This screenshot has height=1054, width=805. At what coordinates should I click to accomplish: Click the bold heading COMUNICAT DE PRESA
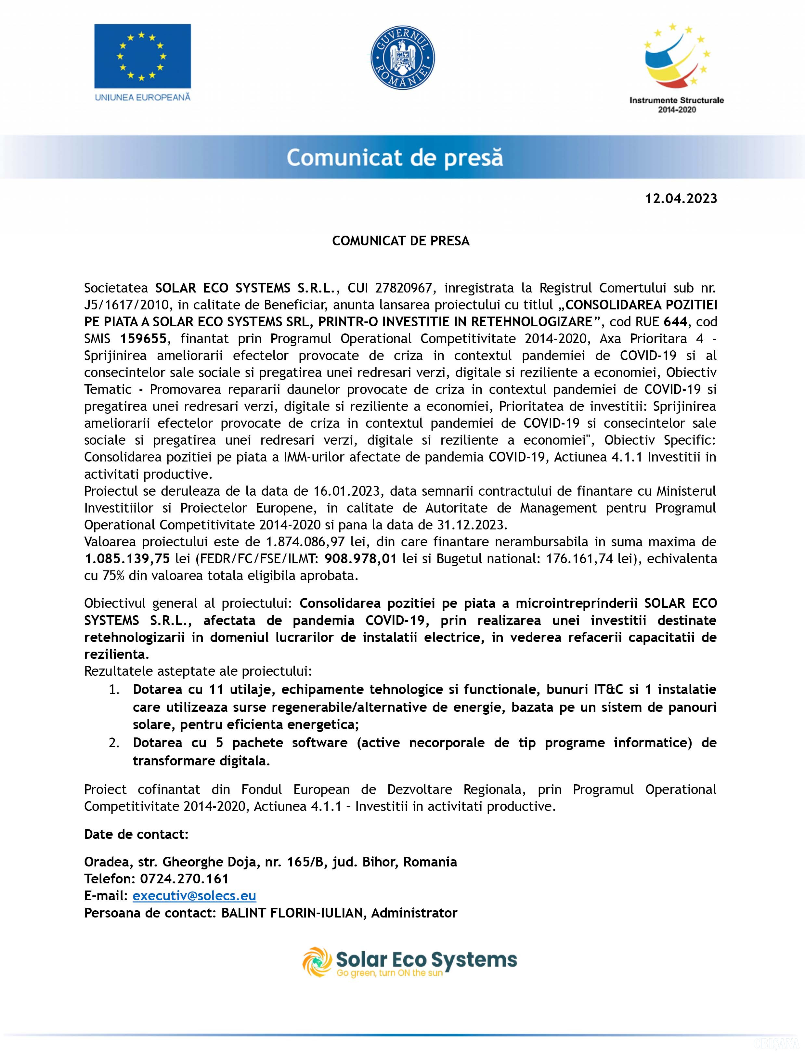(x=401, y=241)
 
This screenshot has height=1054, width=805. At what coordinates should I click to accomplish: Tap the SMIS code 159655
(x=143, y=339)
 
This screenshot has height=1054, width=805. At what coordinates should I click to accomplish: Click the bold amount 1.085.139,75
(x=127, y=559)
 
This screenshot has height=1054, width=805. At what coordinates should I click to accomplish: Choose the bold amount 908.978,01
(x=360, y=559)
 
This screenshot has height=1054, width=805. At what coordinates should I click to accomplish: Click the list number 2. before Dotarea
(x=114, y=743)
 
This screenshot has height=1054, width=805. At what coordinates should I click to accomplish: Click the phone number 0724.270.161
(x=184, y=878)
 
